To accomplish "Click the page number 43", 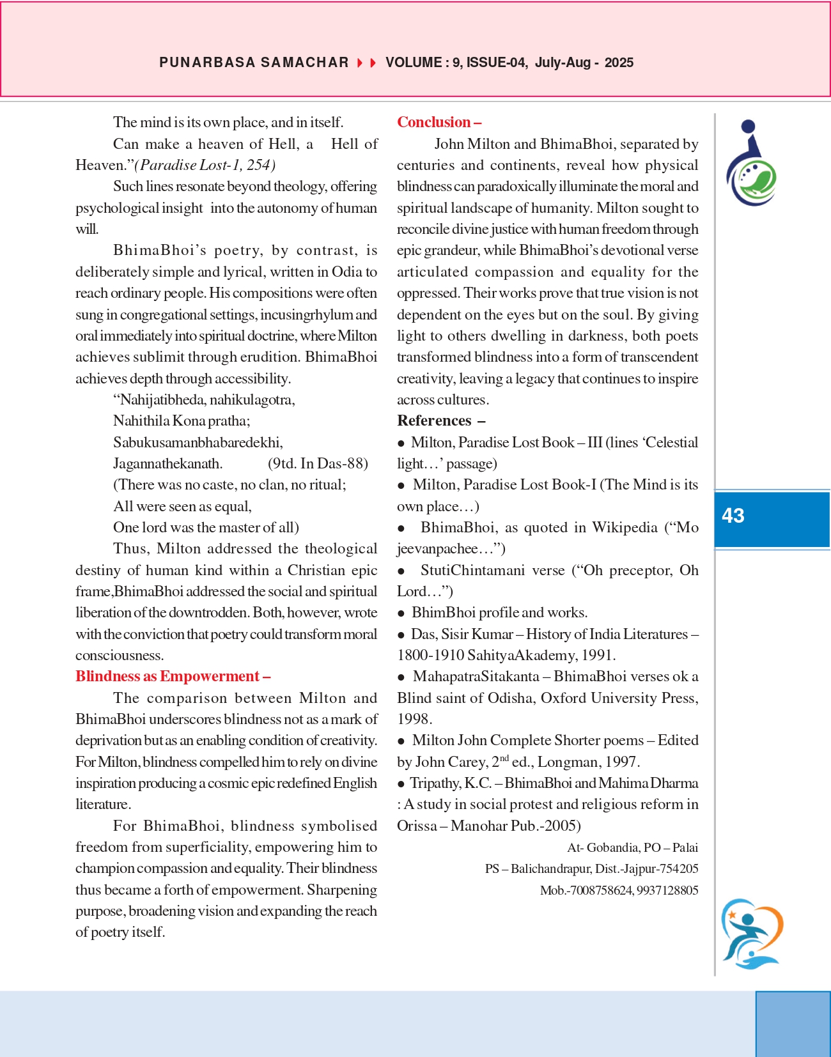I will pyautogui.click(x=733, y=516).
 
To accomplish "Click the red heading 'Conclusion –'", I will pyautogui.click(x=439, y=122).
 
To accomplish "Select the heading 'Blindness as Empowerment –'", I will pyautogui.click(x=173, y=676).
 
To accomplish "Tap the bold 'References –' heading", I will pyautogui.click(x=441, y=420).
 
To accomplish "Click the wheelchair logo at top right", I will pyautogui.click(x=750, y=164).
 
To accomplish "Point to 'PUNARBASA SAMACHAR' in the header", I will pyautogui.click(x=254, y=63).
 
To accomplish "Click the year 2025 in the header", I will pyautogui.click(x=619, y=63).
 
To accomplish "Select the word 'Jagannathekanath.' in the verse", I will pyautogui.click(x=167, y=463).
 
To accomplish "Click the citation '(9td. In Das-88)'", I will pyautogui.click(x=318, y=463).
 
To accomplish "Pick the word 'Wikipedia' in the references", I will pyautogui.click(x=625, y=527).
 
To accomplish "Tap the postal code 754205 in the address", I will pyautogui.click(x=679, y=869).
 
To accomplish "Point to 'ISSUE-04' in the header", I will pyautogui.click(x=496, y=63).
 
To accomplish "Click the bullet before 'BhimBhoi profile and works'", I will pyautogui.click(x=401, y=613).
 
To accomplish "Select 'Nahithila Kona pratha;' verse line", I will pyautogui.click(x=182, y=420).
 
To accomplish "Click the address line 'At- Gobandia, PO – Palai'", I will pyautogui.click(x=632, y=847).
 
